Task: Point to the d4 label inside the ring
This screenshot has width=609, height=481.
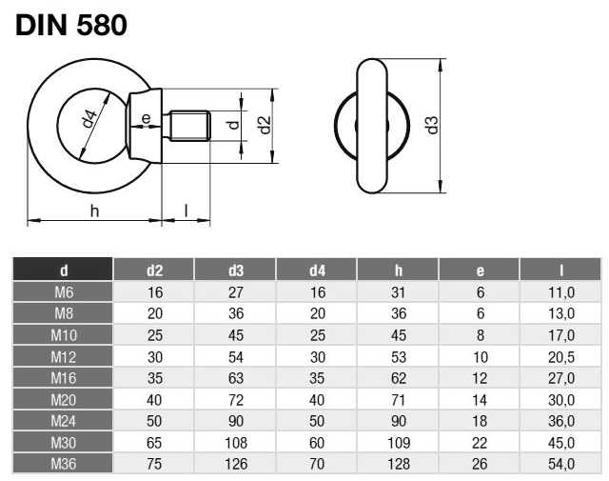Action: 88,120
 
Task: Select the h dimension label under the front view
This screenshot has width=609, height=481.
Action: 94,210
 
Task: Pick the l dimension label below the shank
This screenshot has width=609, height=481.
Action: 186,210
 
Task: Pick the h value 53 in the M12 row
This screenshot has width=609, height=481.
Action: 398,357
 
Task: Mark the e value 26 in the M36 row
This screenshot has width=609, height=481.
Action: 480,464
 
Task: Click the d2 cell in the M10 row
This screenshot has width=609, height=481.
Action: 155,334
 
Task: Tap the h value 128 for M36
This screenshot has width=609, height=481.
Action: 398,464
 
